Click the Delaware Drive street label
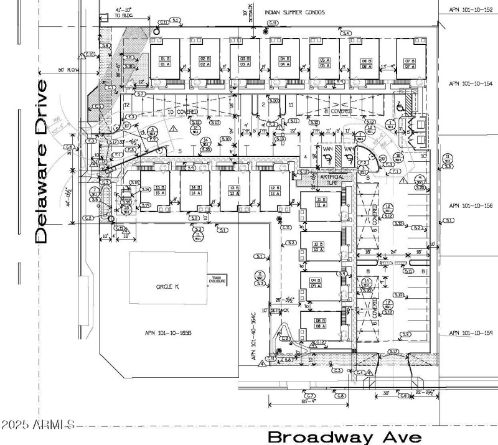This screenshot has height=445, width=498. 42,161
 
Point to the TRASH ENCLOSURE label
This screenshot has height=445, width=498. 217,279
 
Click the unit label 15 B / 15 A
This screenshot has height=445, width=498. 143,190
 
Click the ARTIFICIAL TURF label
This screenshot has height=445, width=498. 331,179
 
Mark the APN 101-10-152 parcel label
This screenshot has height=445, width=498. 471,10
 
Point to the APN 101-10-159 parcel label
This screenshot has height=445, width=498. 471,334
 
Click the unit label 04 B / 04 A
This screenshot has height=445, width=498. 286,61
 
